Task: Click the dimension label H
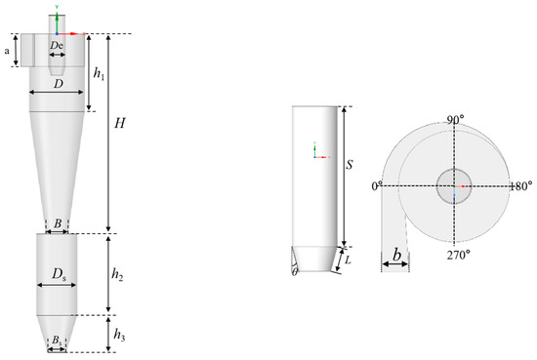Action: [119, 125]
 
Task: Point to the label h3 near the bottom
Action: [118, 334]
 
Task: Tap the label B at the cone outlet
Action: [58, 223]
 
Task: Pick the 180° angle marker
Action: [522, 183]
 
